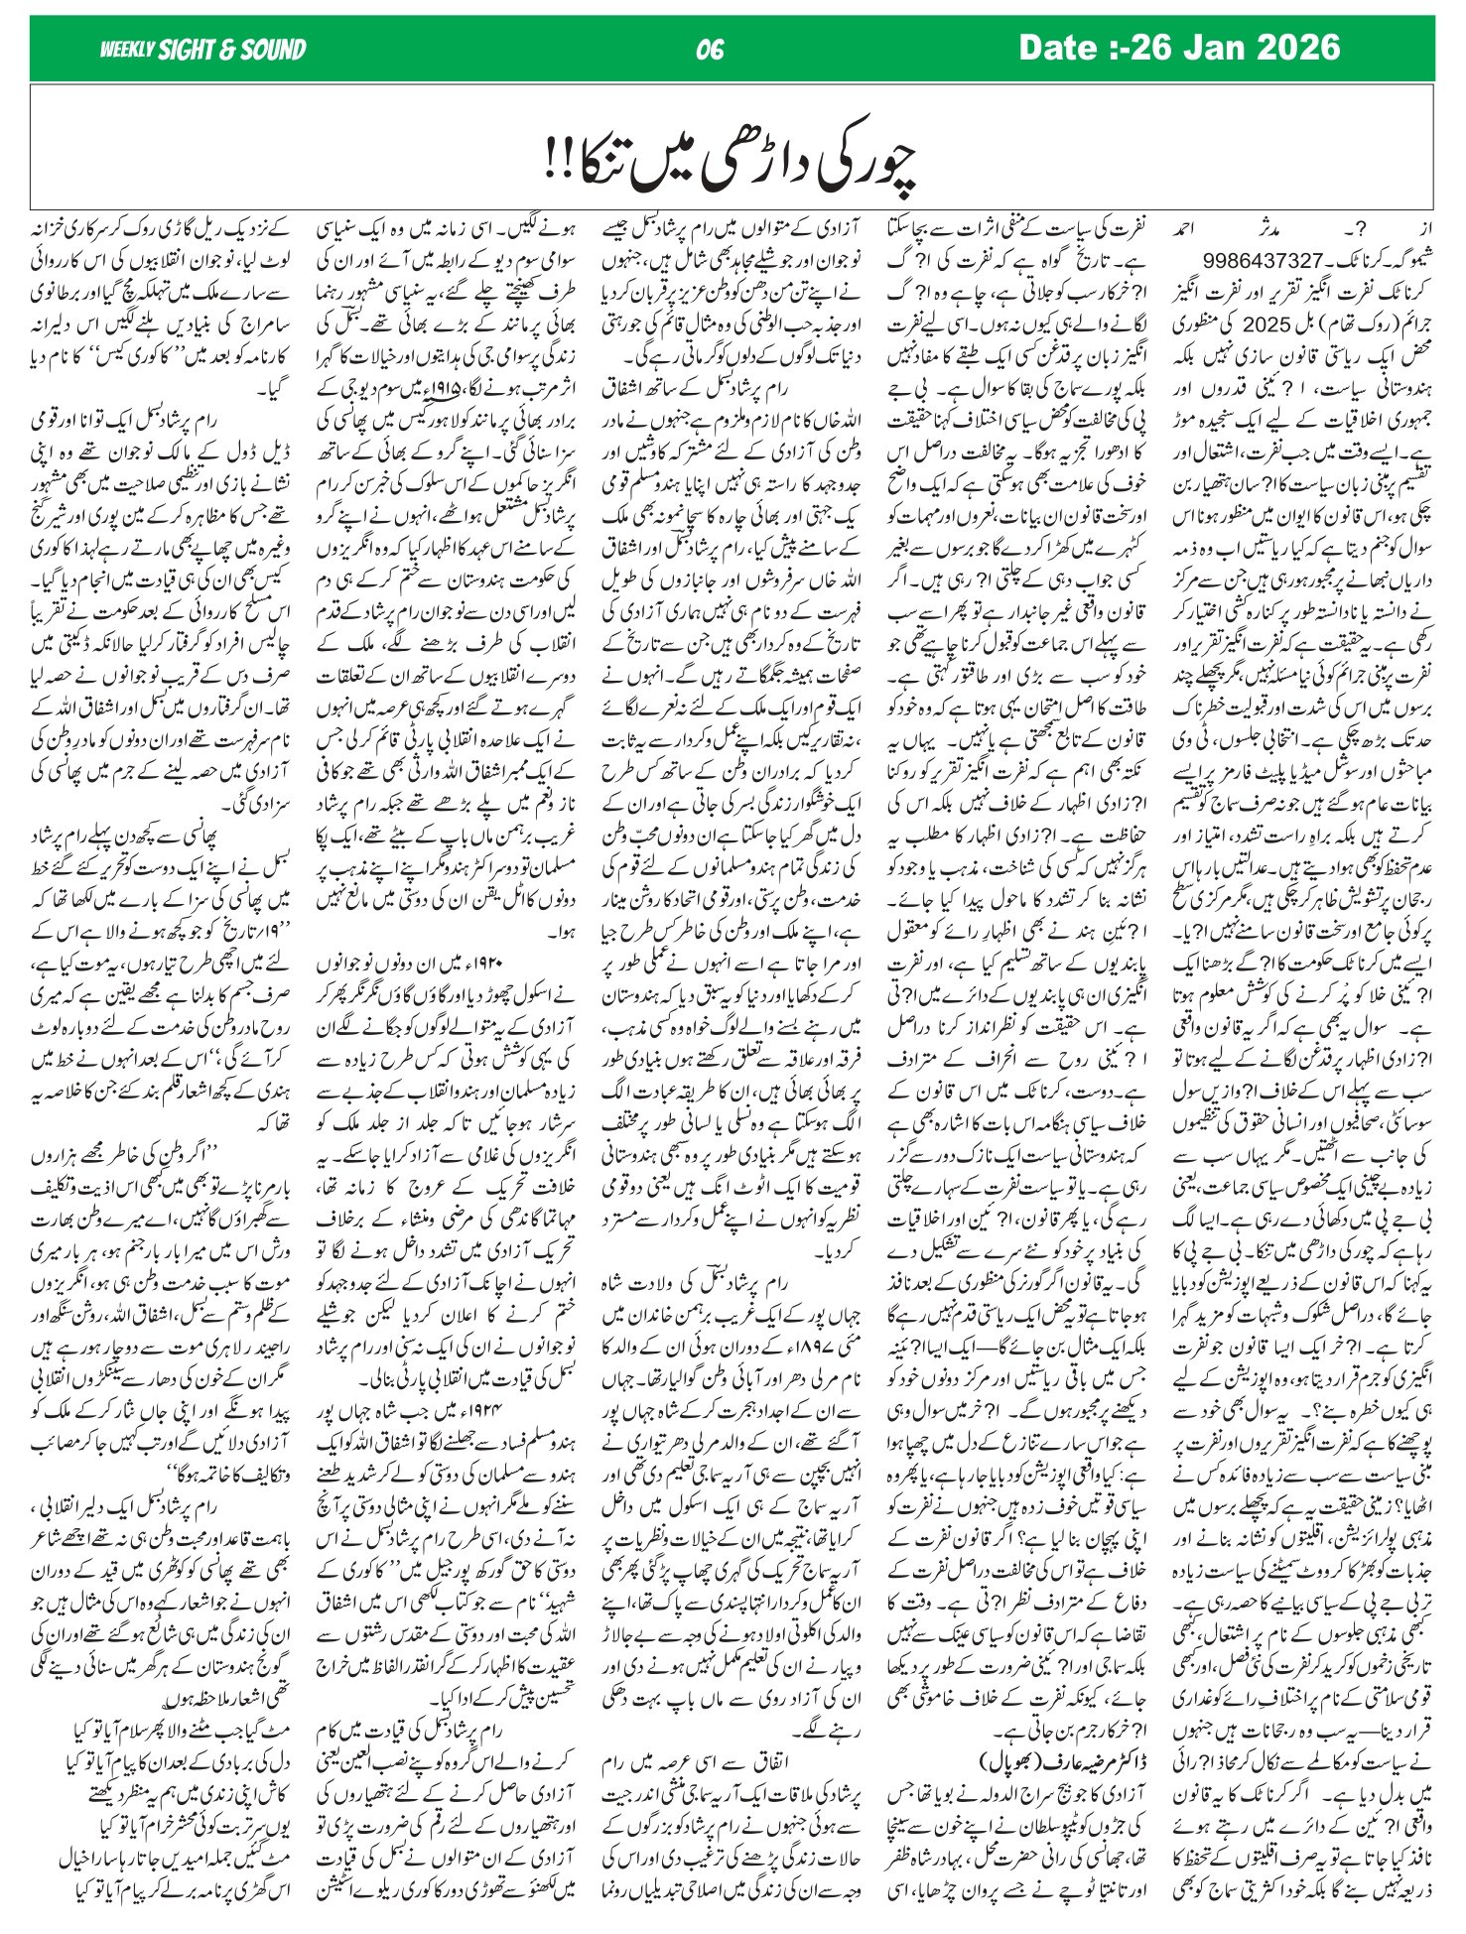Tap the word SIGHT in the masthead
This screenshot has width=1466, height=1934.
tap(190, 50)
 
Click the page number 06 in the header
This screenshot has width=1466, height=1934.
tap(711, 50)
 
